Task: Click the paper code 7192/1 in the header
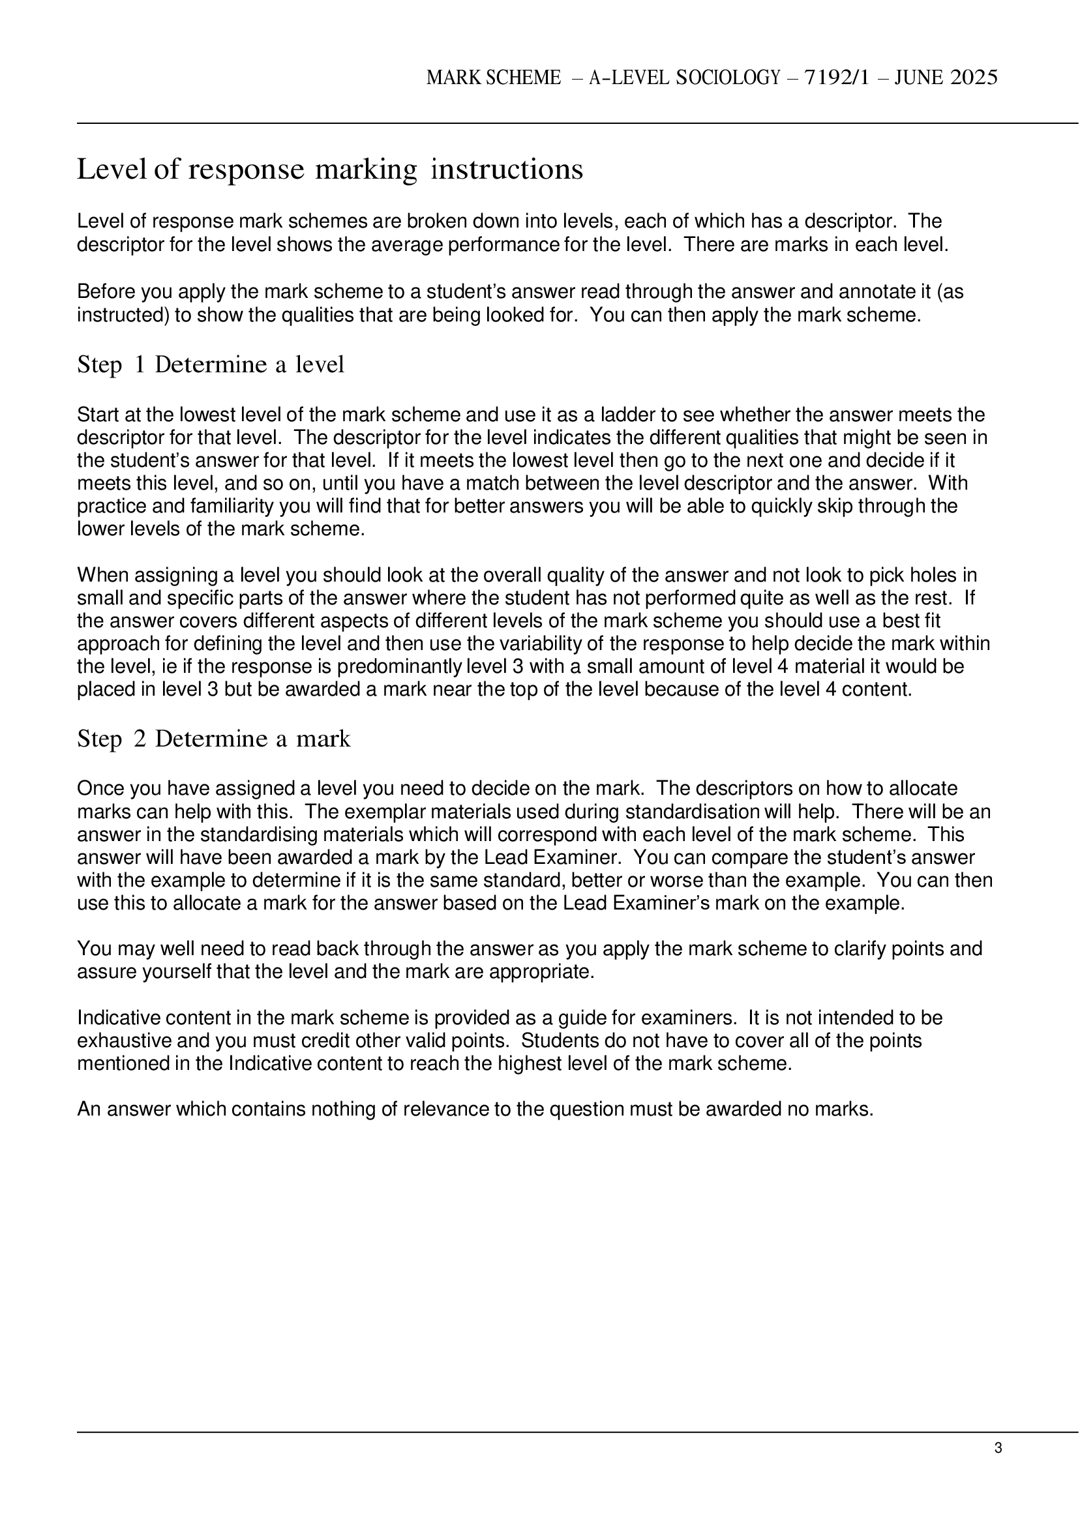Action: [840, 78]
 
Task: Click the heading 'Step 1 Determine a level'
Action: [211, 364]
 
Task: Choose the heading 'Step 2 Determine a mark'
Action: [213, 739]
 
